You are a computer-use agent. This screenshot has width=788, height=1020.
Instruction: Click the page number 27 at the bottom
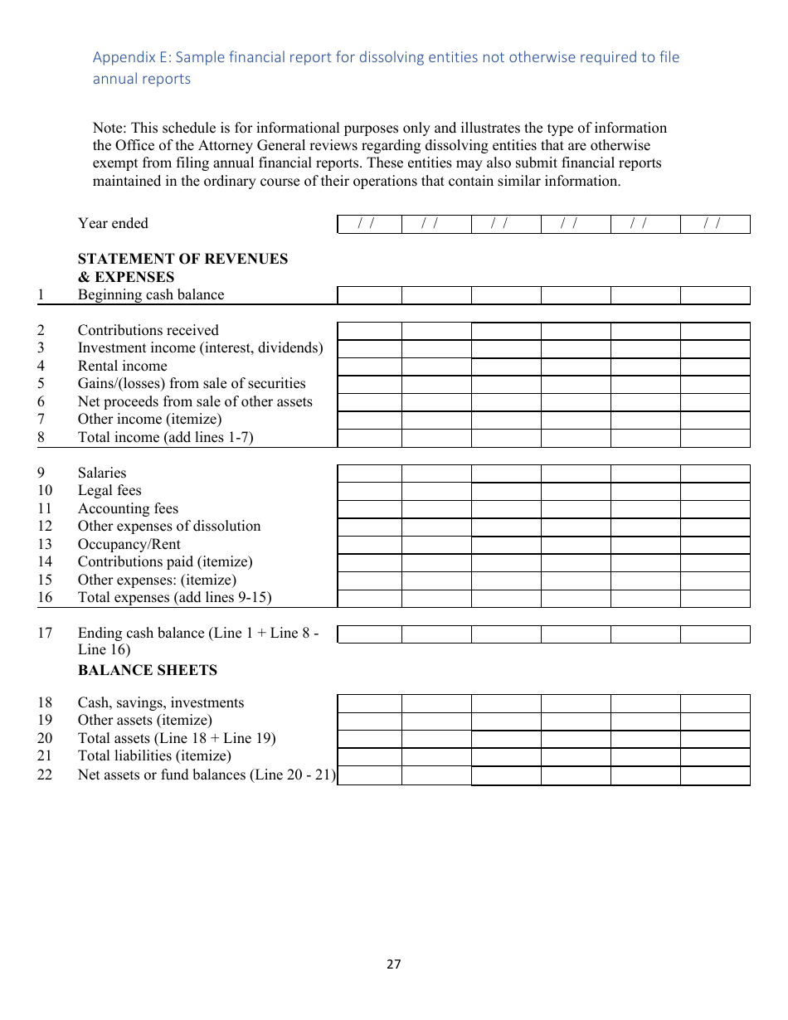coord(393,964)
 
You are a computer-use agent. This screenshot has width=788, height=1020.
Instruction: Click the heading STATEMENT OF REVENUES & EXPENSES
coord(182,268)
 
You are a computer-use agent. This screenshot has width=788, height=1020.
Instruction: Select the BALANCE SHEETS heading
coord(148,670)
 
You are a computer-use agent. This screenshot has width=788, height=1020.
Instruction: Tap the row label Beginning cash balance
coord(151,295)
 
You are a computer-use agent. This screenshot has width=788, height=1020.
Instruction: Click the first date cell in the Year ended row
coord(369,224)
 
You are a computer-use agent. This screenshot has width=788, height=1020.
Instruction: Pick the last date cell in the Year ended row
coord(714,224)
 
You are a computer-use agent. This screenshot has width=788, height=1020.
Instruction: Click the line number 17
coord(45,634)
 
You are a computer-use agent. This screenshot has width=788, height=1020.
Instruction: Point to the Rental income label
coord(122,367)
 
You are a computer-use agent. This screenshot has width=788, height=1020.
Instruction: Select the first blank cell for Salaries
coord(369,474)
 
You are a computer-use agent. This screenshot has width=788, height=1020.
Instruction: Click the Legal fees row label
coord(109,491)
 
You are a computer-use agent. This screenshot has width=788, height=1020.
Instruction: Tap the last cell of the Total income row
coord(714,438)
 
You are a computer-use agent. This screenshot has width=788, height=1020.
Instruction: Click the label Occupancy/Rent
coord(129,545)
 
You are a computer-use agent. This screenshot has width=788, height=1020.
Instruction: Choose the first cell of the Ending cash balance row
coord(369,634)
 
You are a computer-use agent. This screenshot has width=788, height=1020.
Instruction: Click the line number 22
coord(45,775)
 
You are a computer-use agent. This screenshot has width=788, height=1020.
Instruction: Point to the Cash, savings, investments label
coord(161,703)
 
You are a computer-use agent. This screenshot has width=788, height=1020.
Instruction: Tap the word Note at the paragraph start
coord(108,128)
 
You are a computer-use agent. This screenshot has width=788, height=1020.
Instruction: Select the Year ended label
coord(113,224)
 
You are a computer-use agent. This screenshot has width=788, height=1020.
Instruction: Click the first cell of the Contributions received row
coord(369,331)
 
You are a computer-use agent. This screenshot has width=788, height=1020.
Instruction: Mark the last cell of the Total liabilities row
coord(714,757)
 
